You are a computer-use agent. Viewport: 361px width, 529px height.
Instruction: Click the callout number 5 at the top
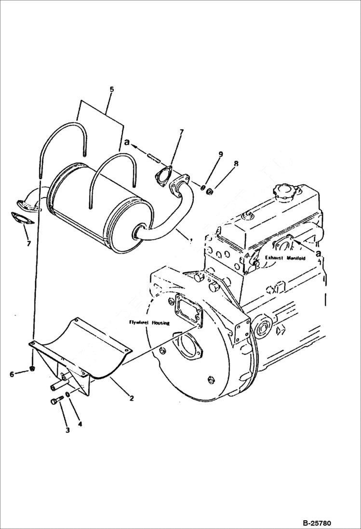(x=112, y=89)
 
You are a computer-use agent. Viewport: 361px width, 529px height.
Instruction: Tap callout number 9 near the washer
(x=221, y=154)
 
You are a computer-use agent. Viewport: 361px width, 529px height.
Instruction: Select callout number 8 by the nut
(x=236, y=164)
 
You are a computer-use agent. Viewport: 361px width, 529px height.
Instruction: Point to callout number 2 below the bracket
(x=131, y=398)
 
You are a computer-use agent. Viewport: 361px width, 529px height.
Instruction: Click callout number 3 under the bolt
(x=67, y=430)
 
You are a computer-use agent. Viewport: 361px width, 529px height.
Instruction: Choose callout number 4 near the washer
(x=80, y=424)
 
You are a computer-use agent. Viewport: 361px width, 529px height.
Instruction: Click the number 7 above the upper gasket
(x=182, y=132)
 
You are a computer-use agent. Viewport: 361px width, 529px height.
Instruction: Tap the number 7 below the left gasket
(x=28, y=244)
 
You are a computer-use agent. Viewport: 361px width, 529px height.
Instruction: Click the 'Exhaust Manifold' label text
(x=285, y=258)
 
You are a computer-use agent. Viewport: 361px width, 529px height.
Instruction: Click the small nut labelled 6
(x=32, y=369)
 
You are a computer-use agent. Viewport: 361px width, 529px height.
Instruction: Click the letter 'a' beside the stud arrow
(x=127, y=143)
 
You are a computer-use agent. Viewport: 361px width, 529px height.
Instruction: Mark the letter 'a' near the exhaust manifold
(x=318, y=251)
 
